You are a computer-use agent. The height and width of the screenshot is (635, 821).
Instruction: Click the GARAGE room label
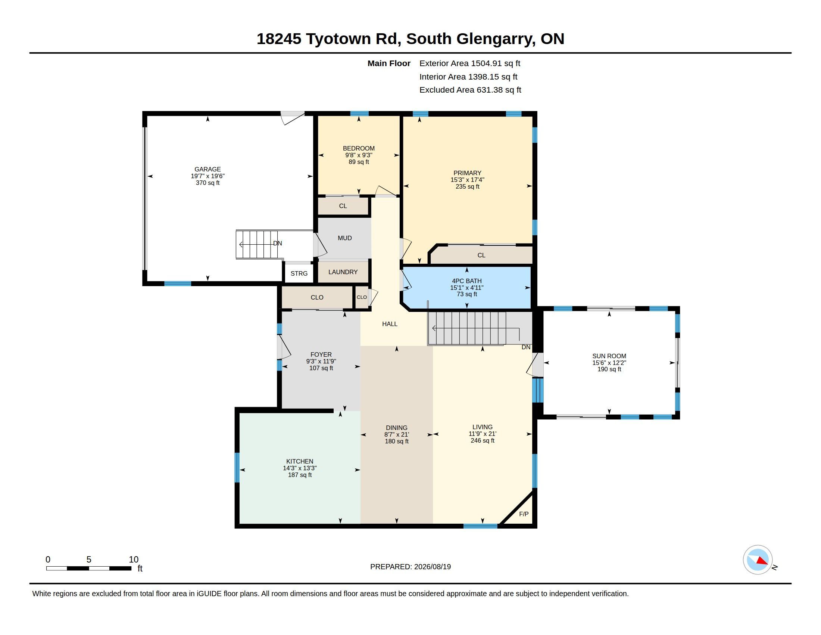[x=207, y=169]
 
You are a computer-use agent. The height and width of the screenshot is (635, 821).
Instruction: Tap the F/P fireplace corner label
[x=524, y=514]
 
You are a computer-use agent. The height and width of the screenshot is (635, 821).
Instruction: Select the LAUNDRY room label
[x=343, y=272]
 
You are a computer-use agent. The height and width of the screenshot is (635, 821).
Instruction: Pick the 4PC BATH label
[x=466, y=281]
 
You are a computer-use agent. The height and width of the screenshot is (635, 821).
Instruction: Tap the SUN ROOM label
[x=609, y=356]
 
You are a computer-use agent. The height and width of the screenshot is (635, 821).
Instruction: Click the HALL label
[x=390, y=324]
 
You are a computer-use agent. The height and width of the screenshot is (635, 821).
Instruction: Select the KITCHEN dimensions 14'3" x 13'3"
[x=300, y=468]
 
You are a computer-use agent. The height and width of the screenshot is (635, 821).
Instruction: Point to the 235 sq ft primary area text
[x=467, y=187]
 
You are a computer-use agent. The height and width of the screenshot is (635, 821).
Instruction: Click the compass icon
[x=758, y=560]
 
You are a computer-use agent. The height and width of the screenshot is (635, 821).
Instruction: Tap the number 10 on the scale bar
[x=134, y=560]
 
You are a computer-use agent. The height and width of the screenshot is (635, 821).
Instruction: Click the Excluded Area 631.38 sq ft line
[x=470, y=90]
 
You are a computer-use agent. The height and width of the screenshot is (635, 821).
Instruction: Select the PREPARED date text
[x=410, y=567]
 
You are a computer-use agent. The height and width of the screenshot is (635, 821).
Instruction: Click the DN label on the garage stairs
[x=277, y=244]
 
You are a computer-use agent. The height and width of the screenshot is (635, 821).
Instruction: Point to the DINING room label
[x=397, y=428]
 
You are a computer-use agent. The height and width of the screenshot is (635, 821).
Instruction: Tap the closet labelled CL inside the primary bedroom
[x=481, y=255]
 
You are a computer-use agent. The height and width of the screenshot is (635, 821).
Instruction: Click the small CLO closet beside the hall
[x=362, y=297]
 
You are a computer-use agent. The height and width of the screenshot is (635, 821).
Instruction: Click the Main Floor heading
[x=389, y=63]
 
